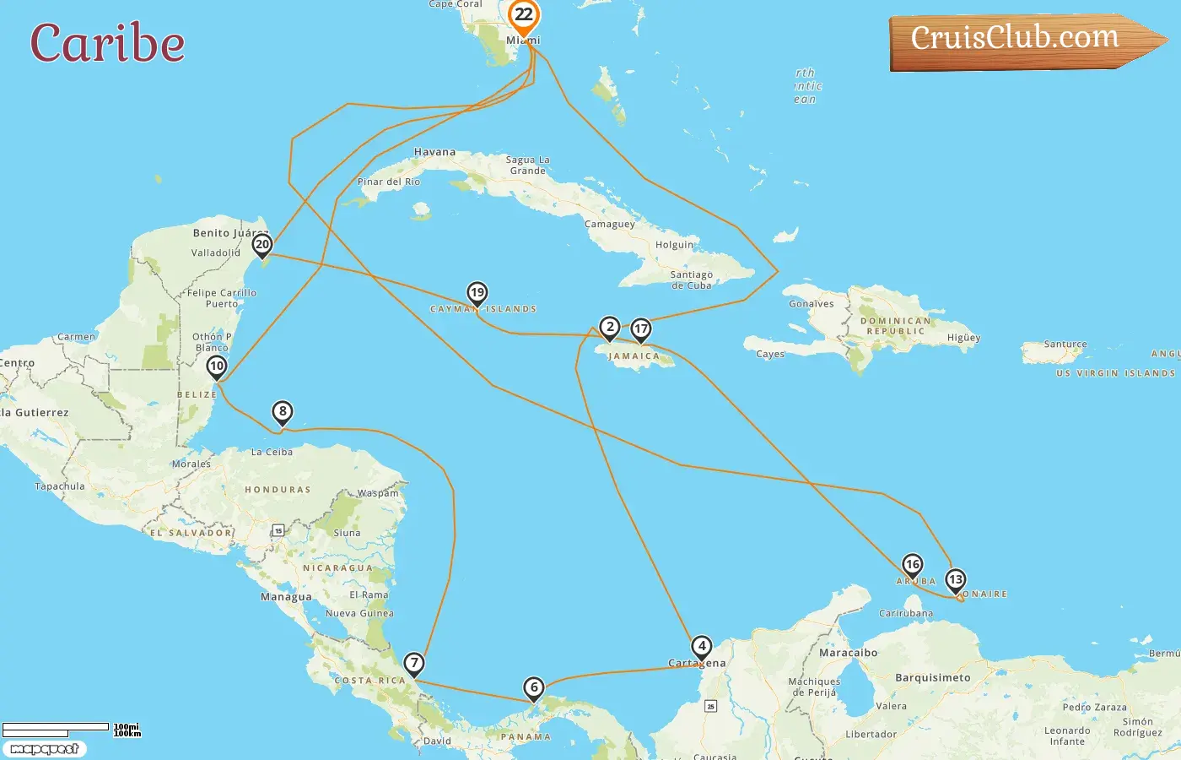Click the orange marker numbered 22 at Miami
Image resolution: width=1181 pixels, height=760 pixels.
[x=524, y=15]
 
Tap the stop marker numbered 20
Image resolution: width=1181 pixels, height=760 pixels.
[x=262, y=245]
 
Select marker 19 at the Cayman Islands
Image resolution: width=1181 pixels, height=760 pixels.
[x=477, y=293]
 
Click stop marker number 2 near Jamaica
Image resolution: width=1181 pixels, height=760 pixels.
[x=610, y=327]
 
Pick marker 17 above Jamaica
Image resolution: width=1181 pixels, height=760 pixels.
[x=641, y=329]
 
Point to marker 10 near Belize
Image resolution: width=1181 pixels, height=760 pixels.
[x=217, y=366]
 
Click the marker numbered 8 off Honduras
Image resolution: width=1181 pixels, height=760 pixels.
[x=283, y=412]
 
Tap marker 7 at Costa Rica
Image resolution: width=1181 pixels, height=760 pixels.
[x=414, y=663]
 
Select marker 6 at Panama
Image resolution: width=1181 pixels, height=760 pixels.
[x=534, y=687]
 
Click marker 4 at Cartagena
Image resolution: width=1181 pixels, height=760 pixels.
[x=702, y=647]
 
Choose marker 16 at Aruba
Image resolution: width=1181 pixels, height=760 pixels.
[x=913, y=564]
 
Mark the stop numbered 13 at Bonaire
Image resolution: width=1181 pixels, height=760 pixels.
[x=956, y=579]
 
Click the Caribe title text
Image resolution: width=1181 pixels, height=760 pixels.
[x=108, y=43]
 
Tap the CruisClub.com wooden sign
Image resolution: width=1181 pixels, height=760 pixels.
[x=1017, y=39]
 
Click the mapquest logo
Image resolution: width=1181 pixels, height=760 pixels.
[x=45, y=749]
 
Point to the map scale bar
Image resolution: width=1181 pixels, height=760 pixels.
[x=57, y=729]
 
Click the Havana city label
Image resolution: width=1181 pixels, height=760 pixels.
[x=434, y=153]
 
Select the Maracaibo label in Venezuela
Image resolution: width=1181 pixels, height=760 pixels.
[x=849, y=653]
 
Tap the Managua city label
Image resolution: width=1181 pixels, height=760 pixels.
[x=286, y=597]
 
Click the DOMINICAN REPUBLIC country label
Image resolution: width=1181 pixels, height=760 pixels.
[x=896, y=326]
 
